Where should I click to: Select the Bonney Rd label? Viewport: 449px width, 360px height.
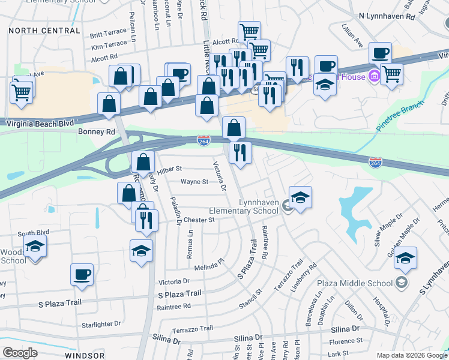pyautogui.click(x=96, y=131)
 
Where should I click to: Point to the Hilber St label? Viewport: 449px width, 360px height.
pyautogui.click(x=170, y=170)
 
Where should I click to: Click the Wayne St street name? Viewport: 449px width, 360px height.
pyautogui.click(x=194, y=182)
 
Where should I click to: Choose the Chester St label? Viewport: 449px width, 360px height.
pyautogui.click(x=199, y=220)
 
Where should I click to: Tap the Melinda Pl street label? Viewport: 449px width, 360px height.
pyautogui.click(x=208, y=262)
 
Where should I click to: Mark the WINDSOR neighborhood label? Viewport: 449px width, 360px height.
pyautogui.click(x=85, y=355)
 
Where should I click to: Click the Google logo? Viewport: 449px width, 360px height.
pyautogui.click(x=20, y=353)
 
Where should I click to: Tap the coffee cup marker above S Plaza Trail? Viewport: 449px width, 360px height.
pyautogui.click(x=82, y=275)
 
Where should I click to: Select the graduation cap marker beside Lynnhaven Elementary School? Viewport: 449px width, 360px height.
pyautogui.click(x=300, y=196)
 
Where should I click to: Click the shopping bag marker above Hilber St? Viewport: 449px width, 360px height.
pyautogui.click(x=143, y=161)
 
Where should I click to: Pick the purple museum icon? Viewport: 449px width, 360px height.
pyautogui.click(x=374, y=76)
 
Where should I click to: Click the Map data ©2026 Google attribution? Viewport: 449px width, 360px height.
pyautogui.click(x=411, y=355)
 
